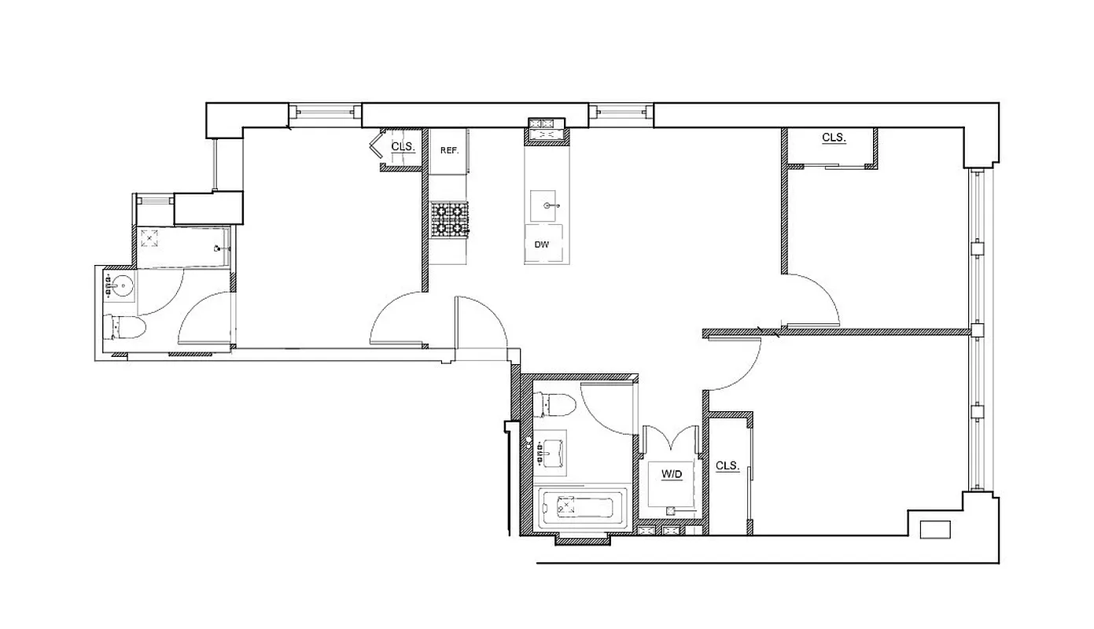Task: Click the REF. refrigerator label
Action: point(449,150)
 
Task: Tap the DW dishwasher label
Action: point(541,245)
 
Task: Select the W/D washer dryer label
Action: point(671,474)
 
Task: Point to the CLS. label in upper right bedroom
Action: point(834,138)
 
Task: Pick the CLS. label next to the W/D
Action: point(727,465)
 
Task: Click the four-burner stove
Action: point(449,219)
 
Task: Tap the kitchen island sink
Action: point(548,205)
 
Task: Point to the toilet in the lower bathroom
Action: point(554,405)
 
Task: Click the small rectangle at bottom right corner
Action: point(935,529)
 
